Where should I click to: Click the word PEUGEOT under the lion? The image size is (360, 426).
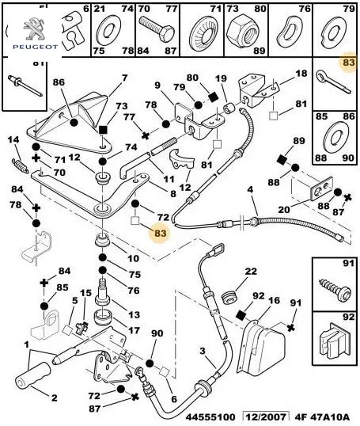tap(36, 47)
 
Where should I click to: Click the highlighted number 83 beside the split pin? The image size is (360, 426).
tap(349, 63)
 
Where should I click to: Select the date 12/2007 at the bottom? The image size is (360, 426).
tap(265, 417)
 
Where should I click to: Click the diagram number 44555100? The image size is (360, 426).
tap(210, 417)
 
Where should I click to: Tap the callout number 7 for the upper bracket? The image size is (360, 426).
tap(124, 78)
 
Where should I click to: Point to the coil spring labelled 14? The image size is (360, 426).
tap(20, 165)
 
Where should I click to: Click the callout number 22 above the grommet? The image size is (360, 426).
tap(251, 272)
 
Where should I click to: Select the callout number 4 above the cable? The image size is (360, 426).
tap(250, 189)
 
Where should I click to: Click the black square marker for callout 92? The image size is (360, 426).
tap(241, 314)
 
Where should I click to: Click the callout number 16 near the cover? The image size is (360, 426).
tap(274, 300)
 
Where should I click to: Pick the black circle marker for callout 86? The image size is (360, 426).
tap(74, 122)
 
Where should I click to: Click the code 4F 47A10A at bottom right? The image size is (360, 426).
tap(322, 417)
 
